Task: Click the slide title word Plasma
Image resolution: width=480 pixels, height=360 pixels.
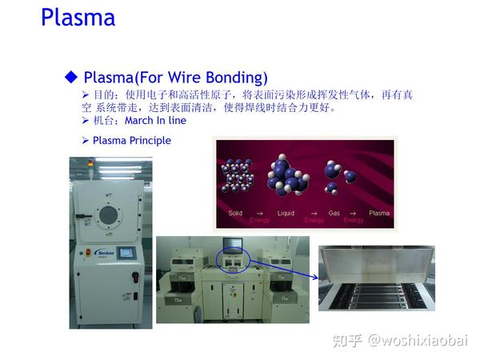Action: tap(78, 18)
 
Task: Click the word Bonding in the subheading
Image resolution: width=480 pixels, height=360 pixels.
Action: tap(238, 78)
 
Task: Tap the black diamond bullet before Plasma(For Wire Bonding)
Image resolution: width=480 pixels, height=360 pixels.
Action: tap(71, 77)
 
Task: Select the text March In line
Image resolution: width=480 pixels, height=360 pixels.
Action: tap(155, 121)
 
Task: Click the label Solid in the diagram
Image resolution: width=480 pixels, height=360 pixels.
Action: tap(235, 214)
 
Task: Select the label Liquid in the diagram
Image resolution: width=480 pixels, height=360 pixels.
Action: tap(286, 214)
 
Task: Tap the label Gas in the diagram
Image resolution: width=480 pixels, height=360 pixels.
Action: tap(334, 214)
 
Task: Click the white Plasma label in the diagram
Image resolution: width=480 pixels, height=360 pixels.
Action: tap(379, 214)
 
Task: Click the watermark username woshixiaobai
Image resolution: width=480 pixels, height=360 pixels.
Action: tap(419, 342)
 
